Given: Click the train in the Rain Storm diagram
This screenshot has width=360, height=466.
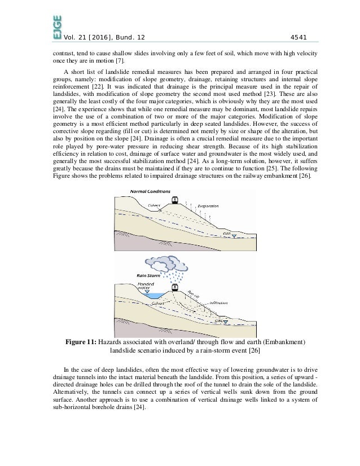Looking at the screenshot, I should coord(175,287).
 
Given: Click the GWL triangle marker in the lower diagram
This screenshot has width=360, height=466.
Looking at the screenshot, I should coord(225,322).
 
